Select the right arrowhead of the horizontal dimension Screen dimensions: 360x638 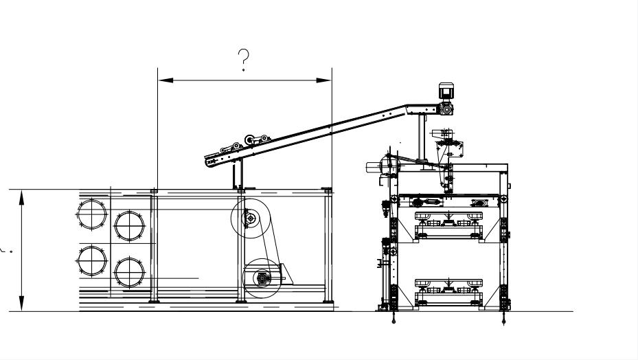pos(326,80)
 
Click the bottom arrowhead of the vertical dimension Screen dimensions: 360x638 pos(22,305)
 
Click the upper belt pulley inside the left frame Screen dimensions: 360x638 pos(249,218)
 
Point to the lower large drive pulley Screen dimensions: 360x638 pos(262,278)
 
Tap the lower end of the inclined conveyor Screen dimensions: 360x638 pos(212,162)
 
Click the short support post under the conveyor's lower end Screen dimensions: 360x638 pos(238,175)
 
